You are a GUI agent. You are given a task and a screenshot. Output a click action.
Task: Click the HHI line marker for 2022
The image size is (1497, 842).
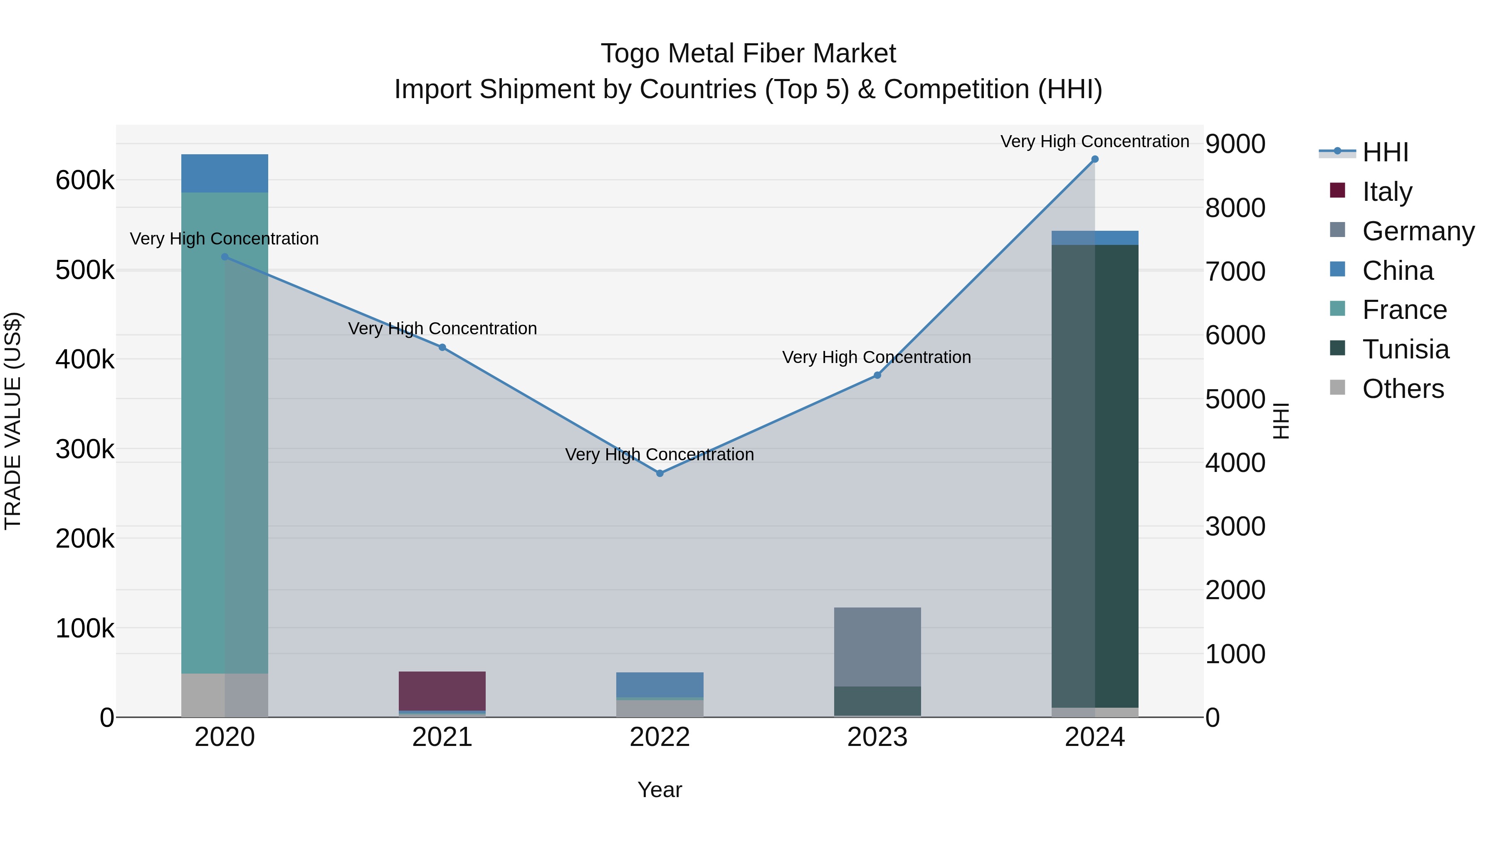pyautogui.click(x=660, y=474)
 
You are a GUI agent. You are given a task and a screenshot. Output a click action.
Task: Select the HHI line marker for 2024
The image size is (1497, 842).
pyautogui.click(x=1095, y=159)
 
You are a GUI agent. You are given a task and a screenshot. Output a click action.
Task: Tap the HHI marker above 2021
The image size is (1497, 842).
pyautogui.click(x=442, y=348)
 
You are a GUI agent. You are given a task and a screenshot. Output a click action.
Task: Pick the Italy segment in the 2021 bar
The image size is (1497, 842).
pyautogui.click(x=442, y=691)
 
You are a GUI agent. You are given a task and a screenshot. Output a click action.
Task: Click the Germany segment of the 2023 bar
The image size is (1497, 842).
pyautogui.click(x=877, y=647)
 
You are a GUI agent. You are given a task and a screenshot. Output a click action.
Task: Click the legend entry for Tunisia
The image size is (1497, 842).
pyautogui.click(x=1405, y=349)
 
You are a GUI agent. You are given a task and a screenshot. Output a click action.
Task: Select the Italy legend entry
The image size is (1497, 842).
pyautogui.click(x=1386, y=191)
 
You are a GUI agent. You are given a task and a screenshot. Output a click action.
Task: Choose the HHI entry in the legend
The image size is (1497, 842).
pyautogui.click(x=1385, y=152)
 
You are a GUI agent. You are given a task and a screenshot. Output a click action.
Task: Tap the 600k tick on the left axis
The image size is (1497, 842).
pyautogui.click(x=85, y=180)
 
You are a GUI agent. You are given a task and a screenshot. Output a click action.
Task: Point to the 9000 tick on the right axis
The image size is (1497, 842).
pyautogui.click(x=1235, y=144)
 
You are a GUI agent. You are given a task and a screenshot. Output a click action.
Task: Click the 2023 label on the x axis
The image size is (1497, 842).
pyautogui.click(x=877, y=737)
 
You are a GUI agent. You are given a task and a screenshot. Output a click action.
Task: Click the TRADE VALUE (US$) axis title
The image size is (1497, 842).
pyautogui.click(x=13, y=421)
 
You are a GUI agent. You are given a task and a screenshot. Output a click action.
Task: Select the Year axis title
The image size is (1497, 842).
pyautogui.click(x=660, y=790)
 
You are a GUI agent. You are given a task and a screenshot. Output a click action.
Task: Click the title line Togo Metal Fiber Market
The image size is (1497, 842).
pyautogui.click(x=748, y=54)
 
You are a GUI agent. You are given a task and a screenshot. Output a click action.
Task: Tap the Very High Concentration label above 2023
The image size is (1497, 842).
pyautogui.click(x=876, y=357)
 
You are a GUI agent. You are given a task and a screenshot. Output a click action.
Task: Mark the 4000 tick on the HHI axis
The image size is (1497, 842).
pyautogui.click(x=1235, y=463)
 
